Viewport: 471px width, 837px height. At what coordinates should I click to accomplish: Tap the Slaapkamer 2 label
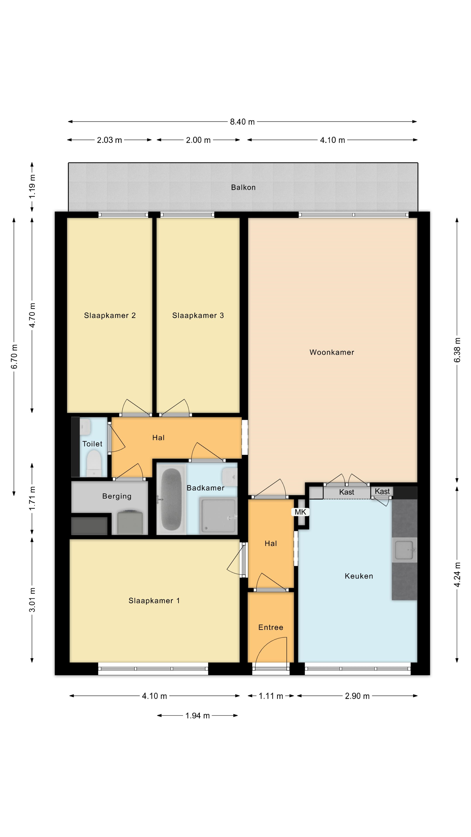110,315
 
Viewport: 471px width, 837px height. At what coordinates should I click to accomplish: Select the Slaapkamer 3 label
198,315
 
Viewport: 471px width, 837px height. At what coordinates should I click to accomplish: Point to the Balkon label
243,187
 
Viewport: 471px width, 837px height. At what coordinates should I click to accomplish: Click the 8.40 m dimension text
242,122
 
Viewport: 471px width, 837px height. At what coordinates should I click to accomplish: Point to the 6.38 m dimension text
457,350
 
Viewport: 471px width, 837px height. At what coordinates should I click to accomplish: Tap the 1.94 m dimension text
198,715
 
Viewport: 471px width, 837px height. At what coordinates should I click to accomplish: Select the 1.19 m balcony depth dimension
32,187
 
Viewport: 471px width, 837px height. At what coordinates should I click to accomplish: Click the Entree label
271,628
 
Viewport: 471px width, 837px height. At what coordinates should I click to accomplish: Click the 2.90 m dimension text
357,696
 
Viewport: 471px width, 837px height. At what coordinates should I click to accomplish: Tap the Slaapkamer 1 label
154,601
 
